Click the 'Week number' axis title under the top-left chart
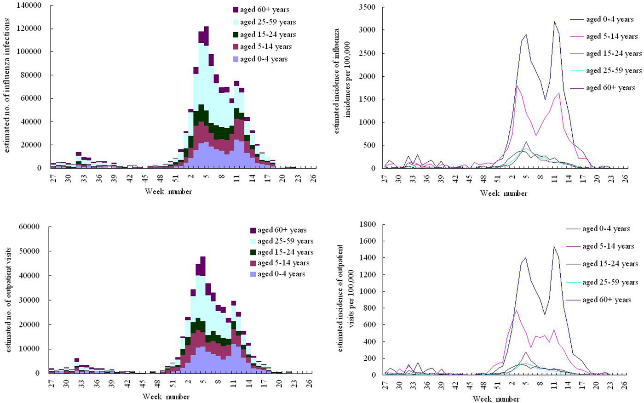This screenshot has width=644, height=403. pos(168,191)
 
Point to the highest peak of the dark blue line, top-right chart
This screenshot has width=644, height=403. pos(554,22)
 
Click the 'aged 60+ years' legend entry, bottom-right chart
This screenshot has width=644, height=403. pos(606,300)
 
